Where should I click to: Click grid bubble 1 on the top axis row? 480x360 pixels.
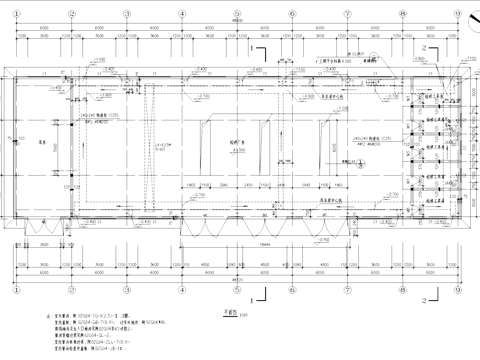click(17, 14)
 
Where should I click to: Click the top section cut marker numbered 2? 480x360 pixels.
click(425, 46)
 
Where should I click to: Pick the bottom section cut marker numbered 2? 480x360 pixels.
click(425, 297)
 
